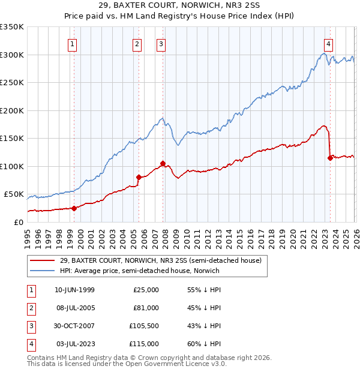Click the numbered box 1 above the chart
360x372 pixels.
tap(72, 44)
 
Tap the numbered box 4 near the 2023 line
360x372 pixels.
tap(329, 44)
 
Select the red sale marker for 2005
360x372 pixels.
tap(139, 177)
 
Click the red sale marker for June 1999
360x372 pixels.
tap(74, 208)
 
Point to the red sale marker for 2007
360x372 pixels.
tap(163, 163)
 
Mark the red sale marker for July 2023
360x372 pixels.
tap(329, 158)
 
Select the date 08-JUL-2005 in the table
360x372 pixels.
tap(74, 308)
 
